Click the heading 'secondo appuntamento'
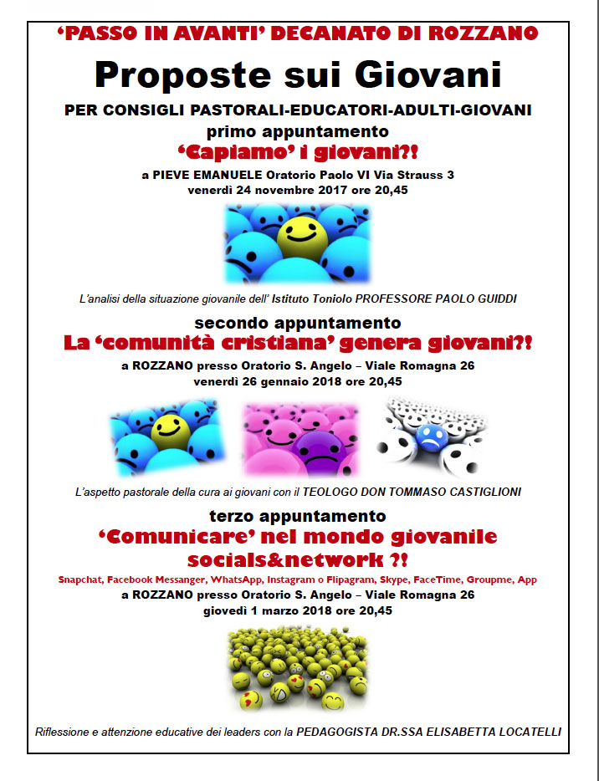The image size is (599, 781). tap(298, 322)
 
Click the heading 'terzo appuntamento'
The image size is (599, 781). tap(298, 516)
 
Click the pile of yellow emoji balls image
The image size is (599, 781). tap(298, 669)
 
